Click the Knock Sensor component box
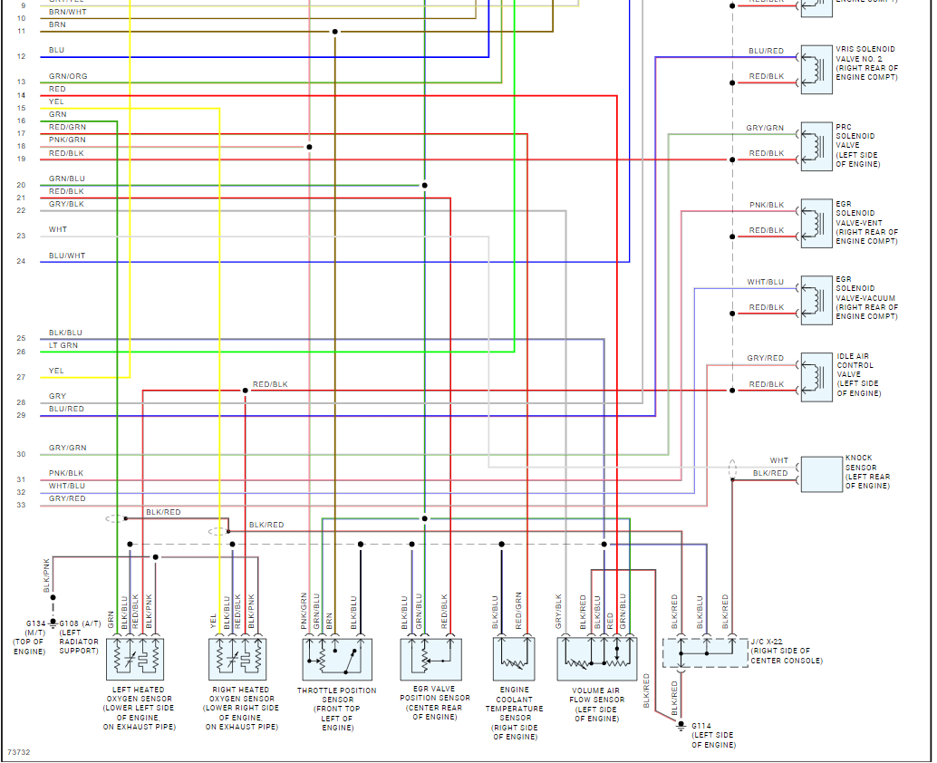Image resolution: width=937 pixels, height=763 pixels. click(x=821, y=474)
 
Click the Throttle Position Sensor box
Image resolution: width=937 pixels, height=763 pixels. click(x=335, y=659)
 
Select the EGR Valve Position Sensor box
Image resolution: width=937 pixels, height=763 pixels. click(x=431, y=659)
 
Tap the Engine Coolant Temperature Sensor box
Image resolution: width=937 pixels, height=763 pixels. click(x=514, y=659)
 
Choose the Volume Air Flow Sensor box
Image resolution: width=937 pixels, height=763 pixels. click(x=596, y=659)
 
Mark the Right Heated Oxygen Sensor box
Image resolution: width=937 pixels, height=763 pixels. click(x=238, y=659)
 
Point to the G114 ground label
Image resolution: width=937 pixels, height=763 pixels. click(x=701, y=726)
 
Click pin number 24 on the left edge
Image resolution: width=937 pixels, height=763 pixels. click(x=21, y=262)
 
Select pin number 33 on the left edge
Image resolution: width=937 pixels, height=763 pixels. click(x=21, y=505)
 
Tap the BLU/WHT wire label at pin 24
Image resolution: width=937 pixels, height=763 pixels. click(x=67, y=256)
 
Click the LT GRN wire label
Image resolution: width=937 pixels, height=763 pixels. click(x=63, y=345)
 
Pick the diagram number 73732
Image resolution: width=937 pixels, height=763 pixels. click(x=18, y=752)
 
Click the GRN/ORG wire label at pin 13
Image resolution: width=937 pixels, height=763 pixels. click(x=68, y=76)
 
